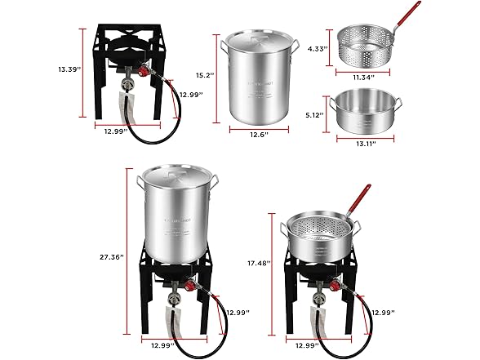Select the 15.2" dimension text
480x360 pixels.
pyautogui.click(x=205, y=75)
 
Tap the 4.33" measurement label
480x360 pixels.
pyautogui.click(x=317, y=49)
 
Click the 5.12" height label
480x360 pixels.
pyautogui.click(x=315, y=115)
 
